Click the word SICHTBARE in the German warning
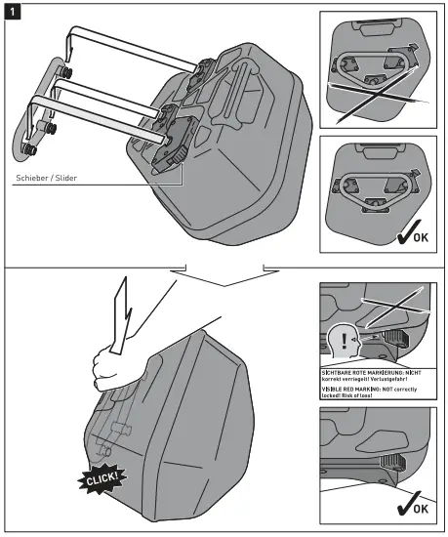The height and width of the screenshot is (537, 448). (343, 373)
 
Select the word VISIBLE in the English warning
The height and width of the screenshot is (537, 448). (336, 390)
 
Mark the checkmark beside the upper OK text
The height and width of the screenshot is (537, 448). (401, 231)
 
